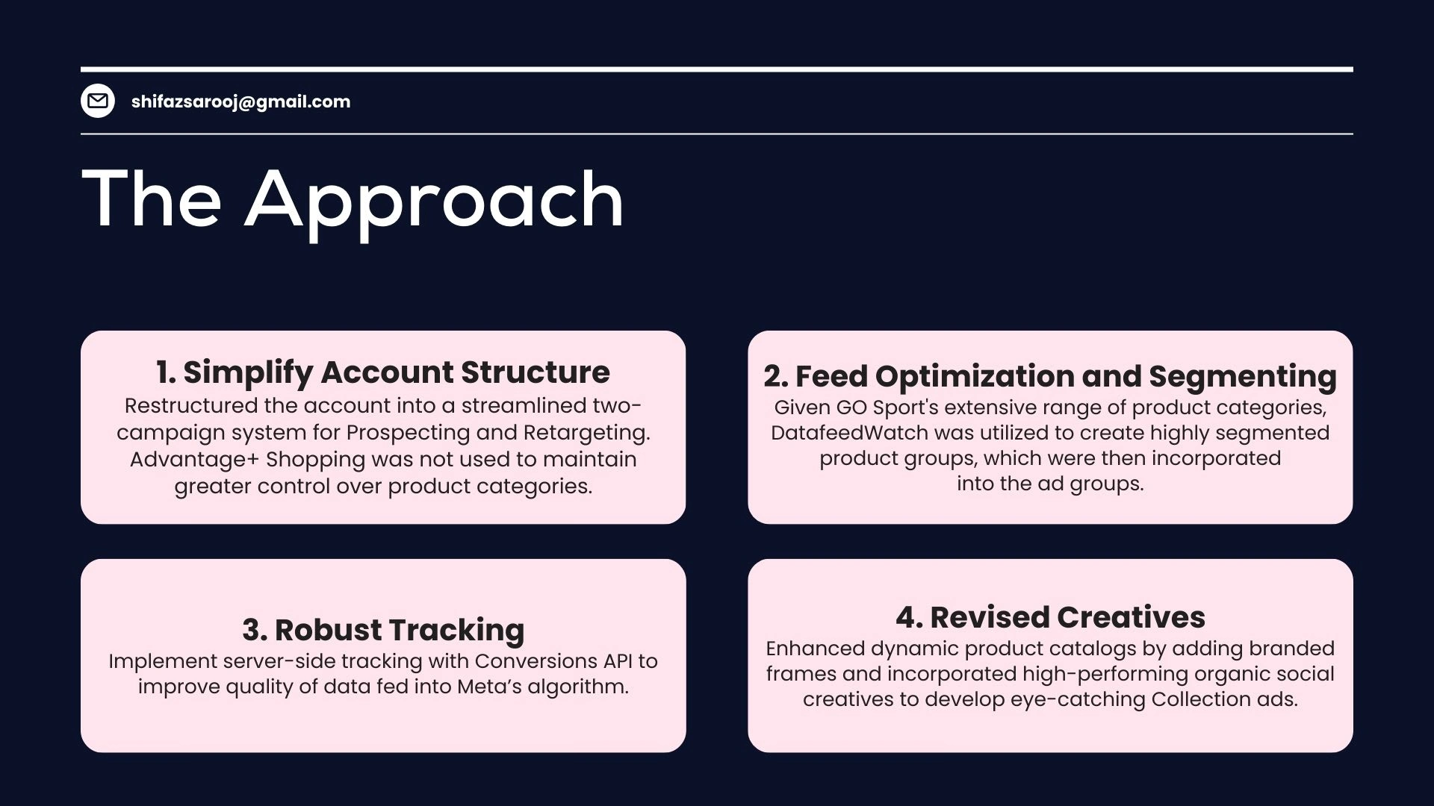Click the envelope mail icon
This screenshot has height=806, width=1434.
[x=98, y=101]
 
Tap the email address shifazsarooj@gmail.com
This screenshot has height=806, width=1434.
[x=240, y=101]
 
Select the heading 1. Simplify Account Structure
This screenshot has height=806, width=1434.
[x=383, y=372]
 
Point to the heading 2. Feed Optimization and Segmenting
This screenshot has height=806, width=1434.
[x=1050, y=377]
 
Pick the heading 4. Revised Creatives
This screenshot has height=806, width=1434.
[x=1050, y=617]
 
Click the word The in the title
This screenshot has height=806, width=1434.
[x=152, y=199]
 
